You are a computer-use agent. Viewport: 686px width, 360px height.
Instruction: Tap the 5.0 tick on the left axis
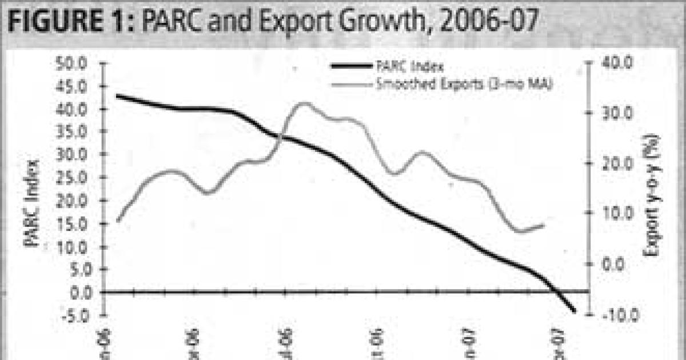coord(83,269)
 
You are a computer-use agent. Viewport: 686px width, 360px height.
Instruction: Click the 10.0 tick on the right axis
coord(612,214)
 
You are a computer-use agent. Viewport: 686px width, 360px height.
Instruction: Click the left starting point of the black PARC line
coord(117,95)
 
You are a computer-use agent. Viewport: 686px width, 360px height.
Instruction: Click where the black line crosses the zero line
coord(556,292)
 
